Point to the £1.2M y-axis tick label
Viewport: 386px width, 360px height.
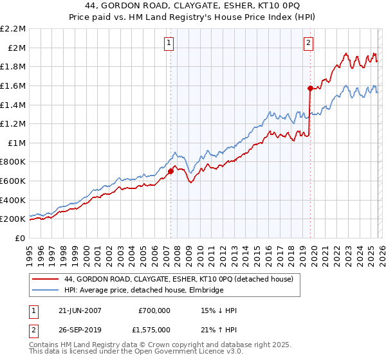click(14, 123)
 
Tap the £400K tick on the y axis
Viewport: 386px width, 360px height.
click(14, 200)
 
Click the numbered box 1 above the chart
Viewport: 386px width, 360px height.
click(169, 43)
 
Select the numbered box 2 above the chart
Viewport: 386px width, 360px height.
click(308, 43)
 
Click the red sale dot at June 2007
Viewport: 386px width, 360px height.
click(171, 171)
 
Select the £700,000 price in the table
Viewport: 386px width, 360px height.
click(154, 310)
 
